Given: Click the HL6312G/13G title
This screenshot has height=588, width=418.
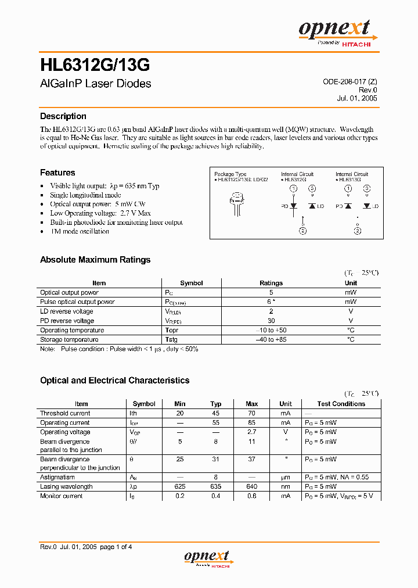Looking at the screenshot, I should (95, 63).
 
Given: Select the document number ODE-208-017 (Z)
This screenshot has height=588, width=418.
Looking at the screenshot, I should (349, 82).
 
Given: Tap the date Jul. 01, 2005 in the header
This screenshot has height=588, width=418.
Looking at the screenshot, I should (356, 98).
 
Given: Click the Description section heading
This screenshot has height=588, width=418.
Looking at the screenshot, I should (63, 116).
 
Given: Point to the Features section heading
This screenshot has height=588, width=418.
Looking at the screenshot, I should (57, 173).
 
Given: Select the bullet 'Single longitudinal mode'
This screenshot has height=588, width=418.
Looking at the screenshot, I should (85, 195).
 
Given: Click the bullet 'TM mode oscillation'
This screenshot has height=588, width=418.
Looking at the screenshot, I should (80, 231).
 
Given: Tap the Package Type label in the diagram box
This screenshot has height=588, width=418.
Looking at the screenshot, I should (230, 174).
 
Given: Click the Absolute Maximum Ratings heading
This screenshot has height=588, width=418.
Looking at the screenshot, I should (95, 260).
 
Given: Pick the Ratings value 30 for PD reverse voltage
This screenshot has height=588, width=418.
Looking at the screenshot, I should (271, 321).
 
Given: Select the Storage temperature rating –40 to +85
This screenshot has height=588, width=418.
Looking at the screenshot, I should (271, 339).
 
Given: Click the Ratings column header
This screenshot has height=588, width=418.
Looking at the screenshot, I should (271, 283).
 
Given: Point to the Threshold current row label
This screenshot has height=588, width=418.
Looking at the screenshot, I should (65, 413).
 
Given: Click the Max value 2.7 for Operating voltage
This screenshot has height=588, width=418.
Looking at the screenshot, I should (251, 432).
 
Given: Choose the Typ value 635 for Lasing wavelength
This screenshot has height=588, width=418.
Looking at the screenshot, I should (216, 486).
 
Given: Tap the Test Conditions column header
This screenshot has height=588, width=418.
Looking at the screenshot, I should (341, 404).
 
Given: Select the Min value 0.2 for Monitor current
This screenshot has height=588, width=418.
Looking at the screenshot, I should (180, 496).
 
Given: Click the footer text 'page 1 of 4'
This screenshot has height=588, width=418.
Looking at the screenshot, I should (116, 546).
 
